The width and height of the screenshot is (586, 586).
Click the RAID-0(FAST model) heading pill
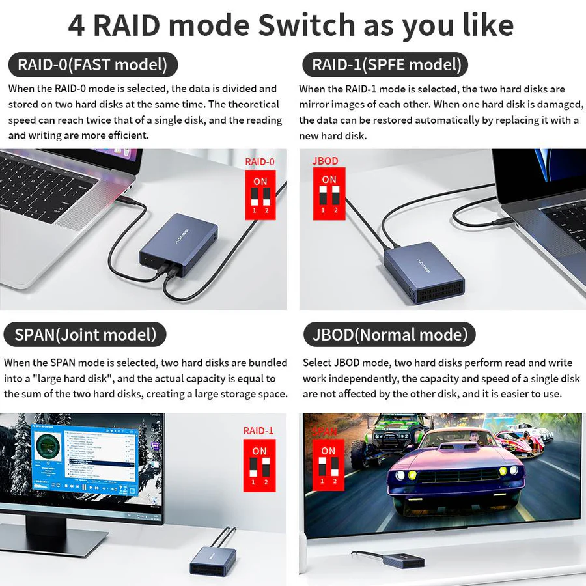coord(92,65)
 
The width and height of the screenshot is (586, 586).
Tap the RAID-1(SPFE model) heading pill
coord(386,65)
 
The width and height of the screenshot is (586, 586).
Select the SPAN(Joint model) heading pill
coord(85,335)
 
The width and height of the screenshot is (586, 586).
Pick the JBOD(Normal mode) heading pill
coord(390,335)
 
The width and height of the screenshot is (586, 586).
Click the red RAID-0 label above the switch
coord(260,161)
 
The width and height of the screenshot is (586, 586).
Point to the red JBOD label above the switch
coord(326,161)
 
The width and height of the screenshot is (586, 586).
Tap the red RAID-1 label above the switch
coord(258,430)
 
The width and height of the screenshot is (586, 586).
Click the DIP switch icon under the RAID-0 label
coord(260,195)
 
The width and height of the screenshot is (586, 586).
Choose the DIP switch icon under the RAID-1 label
coord(259,465)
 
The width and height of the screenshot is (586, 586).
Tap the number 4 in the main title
coord(76,25)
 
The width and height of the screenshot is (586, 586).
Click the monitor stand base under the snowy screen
coord(59,540)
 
